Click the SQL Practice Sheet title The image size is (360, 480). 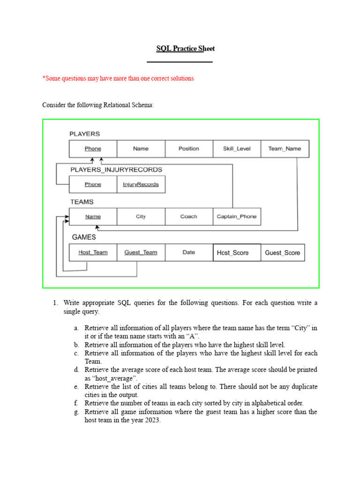tap(185, 49)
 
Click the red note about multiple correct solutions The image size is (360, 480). tap(118, 78)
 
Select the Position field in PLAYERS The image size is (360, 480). tap(189, 149)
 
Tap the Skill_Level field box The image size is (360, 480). tap(237, 149)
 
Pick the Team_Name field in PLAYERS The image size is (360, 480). tap(285, 149)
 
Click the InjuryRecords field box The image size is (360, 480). tap(141, 184)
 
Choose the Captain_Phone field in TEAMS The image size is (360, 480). tap(237, 217)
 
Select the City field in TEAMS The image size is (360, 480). tap(141, 217)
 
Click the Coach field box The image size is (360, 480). tap(189, 217)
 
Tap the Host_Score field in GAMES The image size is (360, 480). tap(237, 253)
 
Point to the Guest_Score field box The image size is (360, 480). tap(283, 253)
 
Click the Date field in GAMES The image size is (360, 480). tap(189, 252)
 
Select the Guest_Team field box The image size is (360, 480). tap(141, 252)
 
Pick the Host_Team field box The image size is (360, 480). tap(93, 252)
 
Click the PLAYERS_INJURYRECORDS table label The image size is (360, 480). tap(116, 169)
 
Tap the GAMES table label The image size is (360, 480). tap(84, 237)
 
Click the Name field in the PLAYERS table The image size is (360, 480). tap(141, 149)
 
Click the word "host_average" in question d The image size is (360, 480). tap(115, 378)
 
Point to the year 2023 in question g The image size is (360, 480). tap(152, 420)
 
